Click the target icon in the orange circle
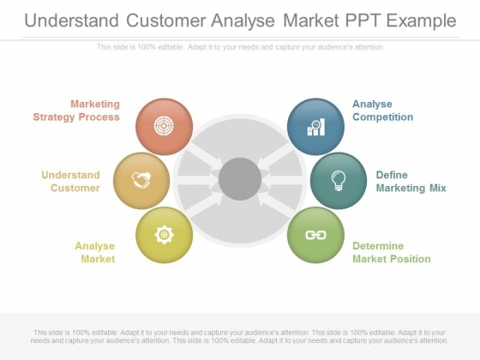pos(164,126)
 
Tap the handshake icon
pos(141,180)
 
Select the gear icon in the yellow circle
pos(165,235)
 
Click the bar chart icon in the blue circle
pos(316,127)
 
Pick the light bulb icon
pos(339,181)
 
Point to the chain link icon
pos(315,235)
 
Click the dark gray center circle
pos(240,179)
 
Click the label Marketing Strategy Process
pos(76,111)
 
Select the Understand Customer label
pos(71,181)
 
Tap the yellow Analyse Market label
pos(95,252)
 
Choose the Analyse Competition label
pos(382,111)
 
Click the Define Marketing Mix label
pos(411,181)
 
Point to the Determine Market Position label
pos(392,252)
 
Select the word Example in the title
pos(421,21)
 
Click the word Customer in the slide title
pos(166,21)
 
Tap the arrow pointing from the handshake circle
pos(200,180)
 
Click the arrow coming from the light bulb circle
pos(280,180)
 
